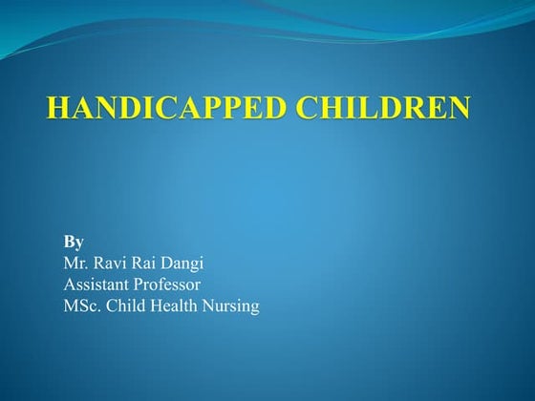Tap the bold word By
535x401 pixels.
(x=74, y=242)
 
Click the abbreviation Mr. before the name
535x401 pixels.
(x=76, y=263)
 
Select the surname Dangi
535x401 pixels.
(x=186, y=264)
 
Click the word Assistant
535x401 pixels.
(x=96, y=285)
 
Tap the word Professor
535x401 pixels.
(x=167, y=285)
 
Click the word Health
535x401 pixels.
(x=178, y=306)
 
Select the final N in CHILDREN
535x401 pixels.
(x=459, y=108)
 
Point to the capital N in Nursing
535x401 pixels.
(x=212, y=306)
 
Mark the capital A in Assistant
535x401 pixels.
(x=69, y=285)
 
